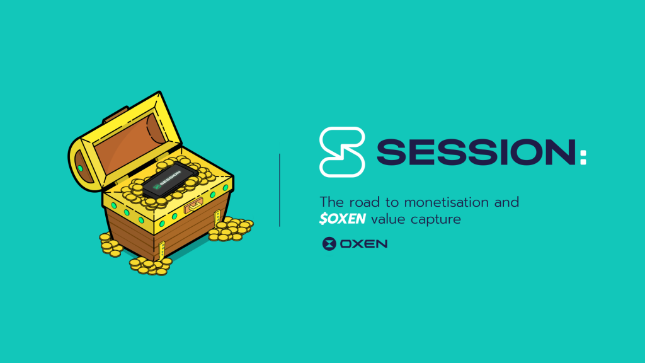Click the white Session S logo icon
(x=342, y=152)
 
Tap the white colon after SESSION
(x=583, y=158)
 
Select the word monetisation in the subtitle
(x=447, y=202)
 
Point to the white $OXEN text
(x=342, y=219)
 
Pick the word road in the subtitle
(x=365, y=202)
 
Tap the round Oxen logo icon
(x=329, y=244)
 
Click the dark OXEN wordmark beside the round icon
(x=364, y=244)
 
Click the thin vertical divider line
(x=280, y=190)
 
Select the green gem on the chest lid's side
(x=81, y=168)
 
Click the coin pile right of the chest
(x=231, y=229)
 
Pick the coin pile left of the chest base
(x=110, y=245)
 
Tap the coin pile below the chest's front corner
(x=151, y=266)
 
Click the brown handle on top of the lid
(x=116, y=115)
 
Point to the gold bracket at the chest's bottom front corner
(x=162, y=251)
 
